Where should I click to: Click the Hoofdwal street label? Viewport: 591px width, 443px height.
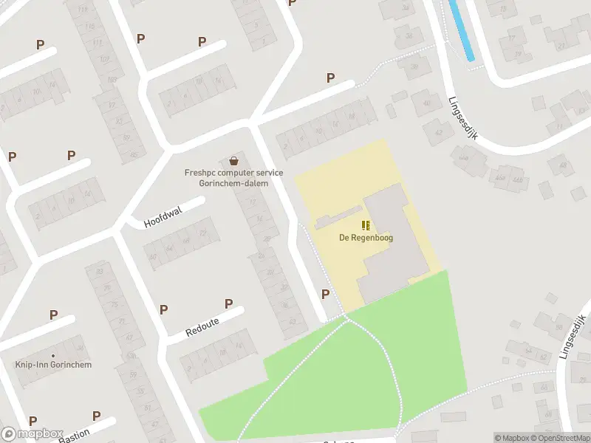pyautogui.click(x=163, y=216)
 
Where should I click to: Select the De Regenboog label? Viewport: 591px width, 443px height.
pyautogui.click(x=366, y=238)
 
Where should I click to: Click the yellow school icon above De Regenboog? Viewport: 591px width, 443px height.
pyautogui.click(x=366, y=225)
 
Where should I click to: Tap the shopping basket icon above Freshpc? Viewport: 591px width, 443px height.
pyautogui.click(x=234, y=160)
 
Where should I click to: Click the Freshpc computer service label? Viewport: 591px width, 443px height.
pyautogui.click(x=233, y=177)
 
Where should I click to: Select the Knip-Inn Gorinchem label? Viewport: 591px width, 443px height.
pyautogui.click(x=53, y=365)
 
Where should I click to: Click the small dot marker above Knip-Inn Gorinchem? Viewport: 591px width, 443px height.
pyautogui.click(x=53, y=354)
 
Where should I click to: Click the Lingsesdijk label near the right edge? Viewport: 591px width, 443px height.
pyautogui.click(x=573, y=336)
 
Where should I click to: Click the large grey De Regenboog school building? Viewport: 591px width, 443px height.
pyautogui.click(x=392, y=244)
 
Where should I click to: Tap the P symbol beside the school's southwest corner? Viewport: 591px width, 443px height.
pyautogui.click(x=325, y=294)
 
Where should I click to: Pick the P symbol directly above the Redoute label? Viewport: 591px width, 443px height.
pyautogui.click(x=228, y=303)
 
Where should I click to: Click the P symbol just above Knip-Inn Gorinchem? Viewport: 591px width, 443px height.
pyautogui.click(x=53, y=315)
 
